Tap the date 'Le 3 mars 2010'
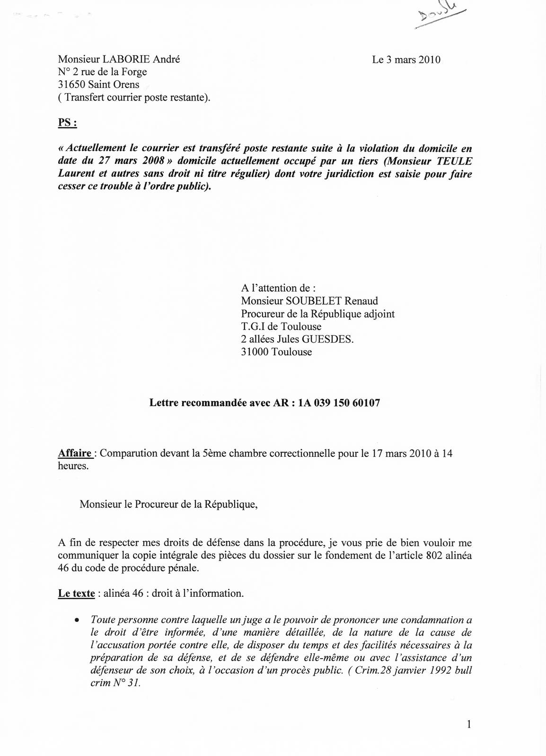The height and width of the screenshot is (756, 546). pyautogui.click(x=406, y=60)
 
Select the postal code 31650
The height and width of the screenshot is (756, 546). pyautogui.click(x=71, y=85)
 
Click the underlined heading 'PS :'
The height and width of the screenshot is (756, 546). pyautogui.click(x=67, y=122)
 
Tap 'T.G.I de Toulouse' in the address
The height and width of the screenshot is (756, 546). pyautogui.click(x=281, y=326)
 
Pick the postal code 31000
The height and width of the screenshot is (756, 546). pyautogui.click(x=255, y=352)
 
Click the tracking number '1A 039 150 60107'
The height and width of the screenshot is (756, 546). pyautogui.click(x=339, y=403)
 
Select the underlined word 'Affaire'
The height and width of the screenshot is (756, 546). pyautogui.click(x=75, y=453)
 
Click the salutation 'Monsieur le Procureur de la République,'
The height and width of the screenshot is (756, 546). pyautogui.click(x=169, y=504)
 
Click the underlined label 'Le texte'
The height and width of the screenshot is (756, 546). pyautogui.click(x=76, y=593)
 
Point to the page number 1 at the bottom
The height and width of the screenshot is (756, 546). pyautogui.click(x=468, y=724)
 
